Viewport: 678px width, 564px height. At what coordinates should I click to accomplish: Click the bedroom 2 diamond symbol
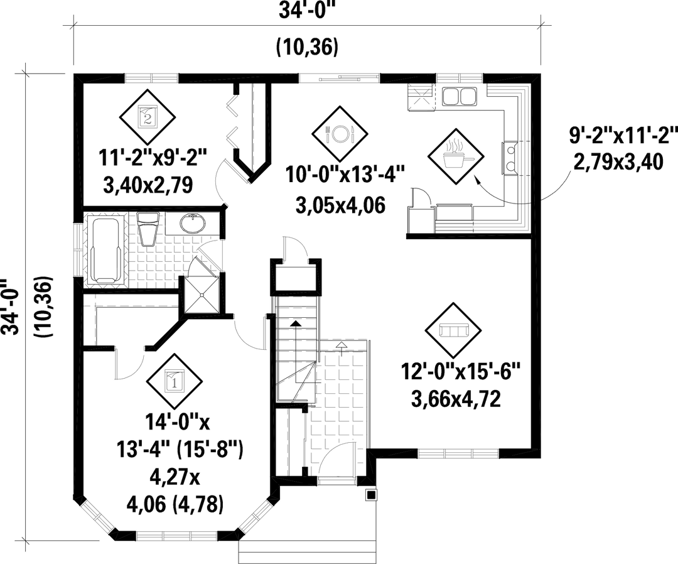(147, 117)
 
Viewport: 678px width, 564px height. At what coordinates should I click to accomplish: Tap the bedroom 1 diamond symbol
(174, 381)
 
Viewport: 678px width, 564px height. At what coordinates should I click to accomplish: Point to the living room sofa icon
(453, 330)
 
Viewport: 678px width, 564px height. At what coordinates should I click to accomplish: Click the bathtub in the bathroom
(106, 251)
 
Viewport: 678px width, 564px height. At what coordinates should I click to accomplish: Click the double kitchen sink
(459, 96)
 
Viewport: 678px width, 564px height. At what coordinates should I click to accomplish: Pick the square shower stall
(202, 295)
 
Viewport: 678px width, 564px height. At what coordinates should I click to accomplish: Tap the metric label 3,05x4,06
(340, 205)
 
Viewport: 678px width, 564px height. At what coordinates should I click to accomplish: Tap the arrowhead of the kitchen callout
(478, 180)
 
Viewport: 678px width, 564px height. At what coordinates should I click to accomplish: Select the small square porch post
(370, 494)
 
